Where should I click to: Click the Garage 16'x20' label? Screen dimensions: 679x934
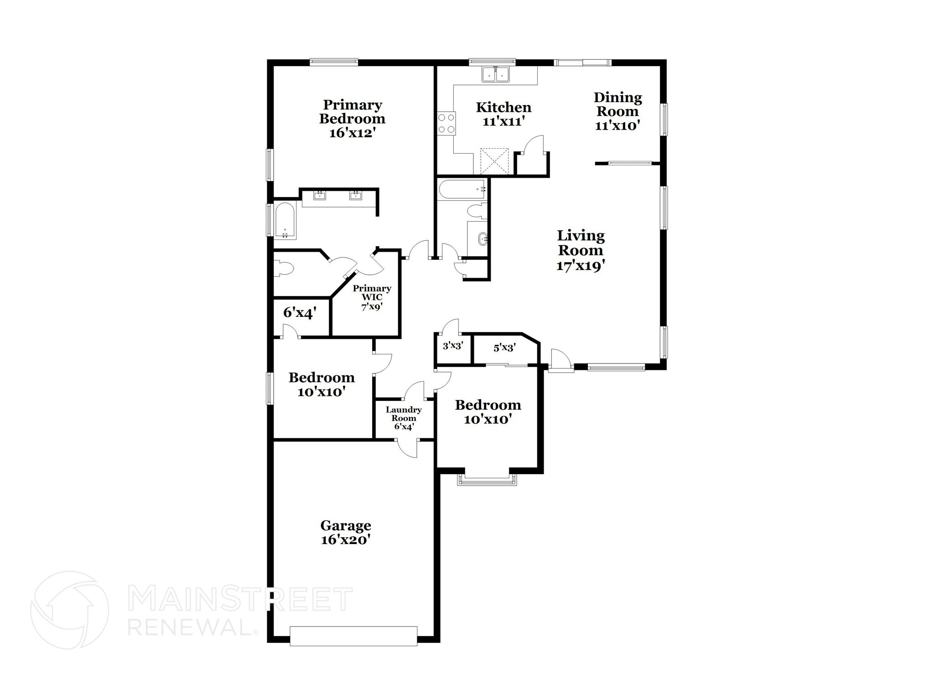coord(345,533)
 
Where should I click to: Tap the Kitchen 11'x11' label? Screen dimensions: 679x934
coord(503,114)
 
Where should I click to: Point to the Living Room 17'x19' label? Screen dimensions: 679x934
coord(581,250)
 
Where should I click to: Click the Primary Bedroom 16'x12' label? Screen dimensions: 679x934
coord(352,119)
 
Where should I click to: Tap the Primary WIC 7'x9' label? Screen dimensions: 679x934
coord(372,297)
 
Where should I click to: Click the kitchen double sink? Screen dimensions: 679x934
coord(496,74)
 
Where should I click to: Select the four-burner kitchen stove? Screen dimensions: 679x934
coord(446,123)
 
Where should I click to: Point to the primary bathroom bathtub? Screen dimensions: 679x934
coord(285,220)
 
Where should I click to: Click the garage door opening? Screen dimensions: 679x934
coord(353,636)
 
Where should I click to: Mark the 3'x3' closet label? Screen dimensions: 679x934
coord(453,346)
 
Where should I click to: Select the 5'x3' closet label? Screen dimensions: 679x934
coord(504,348)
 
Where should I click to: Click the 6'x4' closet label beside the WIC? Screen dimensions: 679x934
coord(300,312)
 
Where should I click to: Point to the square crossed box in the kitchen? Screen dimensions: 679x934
coord(494,161)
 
